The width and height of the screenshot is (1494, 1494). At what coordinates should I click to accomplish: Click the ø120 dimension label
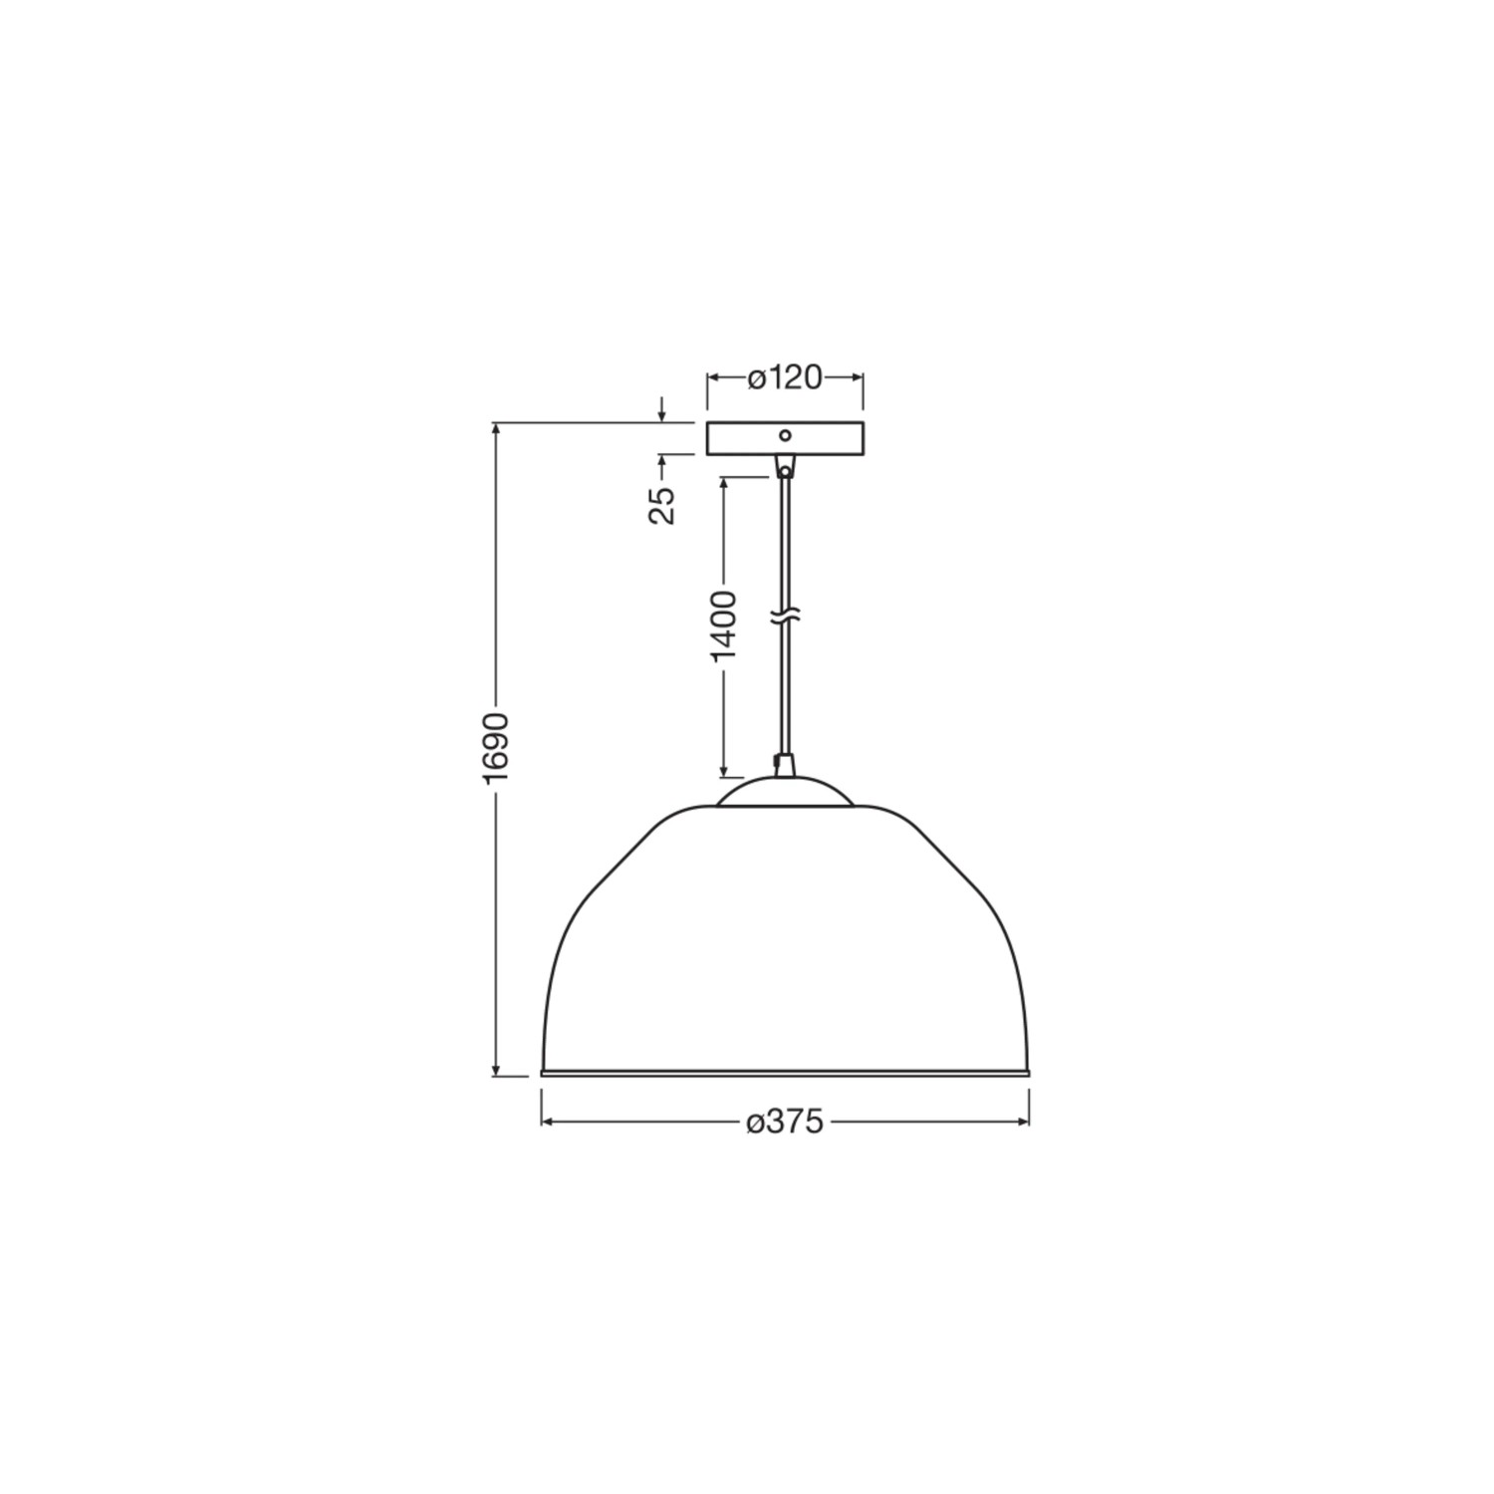coord(785,378)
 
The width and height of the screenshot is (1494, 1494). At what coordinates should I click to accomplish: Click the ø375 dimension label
coord(785,1121)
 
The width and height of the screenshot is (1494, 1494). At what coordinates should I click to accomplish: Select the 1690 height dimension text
coord(496,748)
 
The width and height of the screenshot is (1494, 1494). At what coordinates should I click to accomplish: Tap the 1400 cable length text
coord(724,625)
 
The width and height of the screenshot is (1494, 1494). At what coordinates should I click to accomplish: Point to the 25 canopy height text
coord(662,505)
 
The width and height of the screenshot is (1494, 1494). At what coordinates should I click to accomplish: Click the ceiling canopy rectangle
coord(785,439)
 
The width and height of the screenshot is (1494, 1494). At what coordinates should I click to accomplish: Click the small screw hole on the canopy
coord(785,435)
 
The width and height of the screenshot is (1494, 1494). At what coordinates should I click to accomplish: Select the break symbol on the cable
coord(785,619)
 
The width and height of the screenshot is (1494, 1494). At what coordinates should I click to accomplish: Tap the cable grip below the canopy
coord(785,466)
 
